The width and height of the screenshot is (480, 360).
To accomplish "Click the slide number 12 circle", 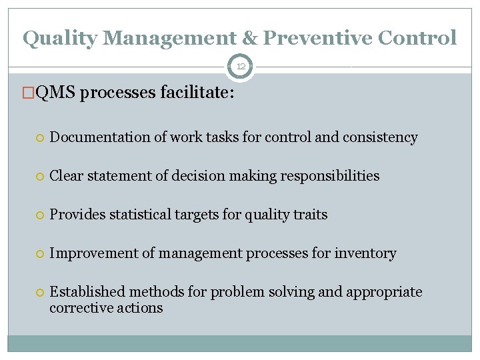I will [x=241, y=67].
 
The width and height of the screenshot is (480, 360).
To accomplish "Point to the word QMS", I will [x=55, y=94].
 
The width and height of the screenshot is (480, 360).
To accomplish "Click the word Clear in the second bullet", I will [x=67, y=176].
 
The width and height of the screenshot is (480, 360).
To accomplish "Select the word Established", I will [x=87, y=292].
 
